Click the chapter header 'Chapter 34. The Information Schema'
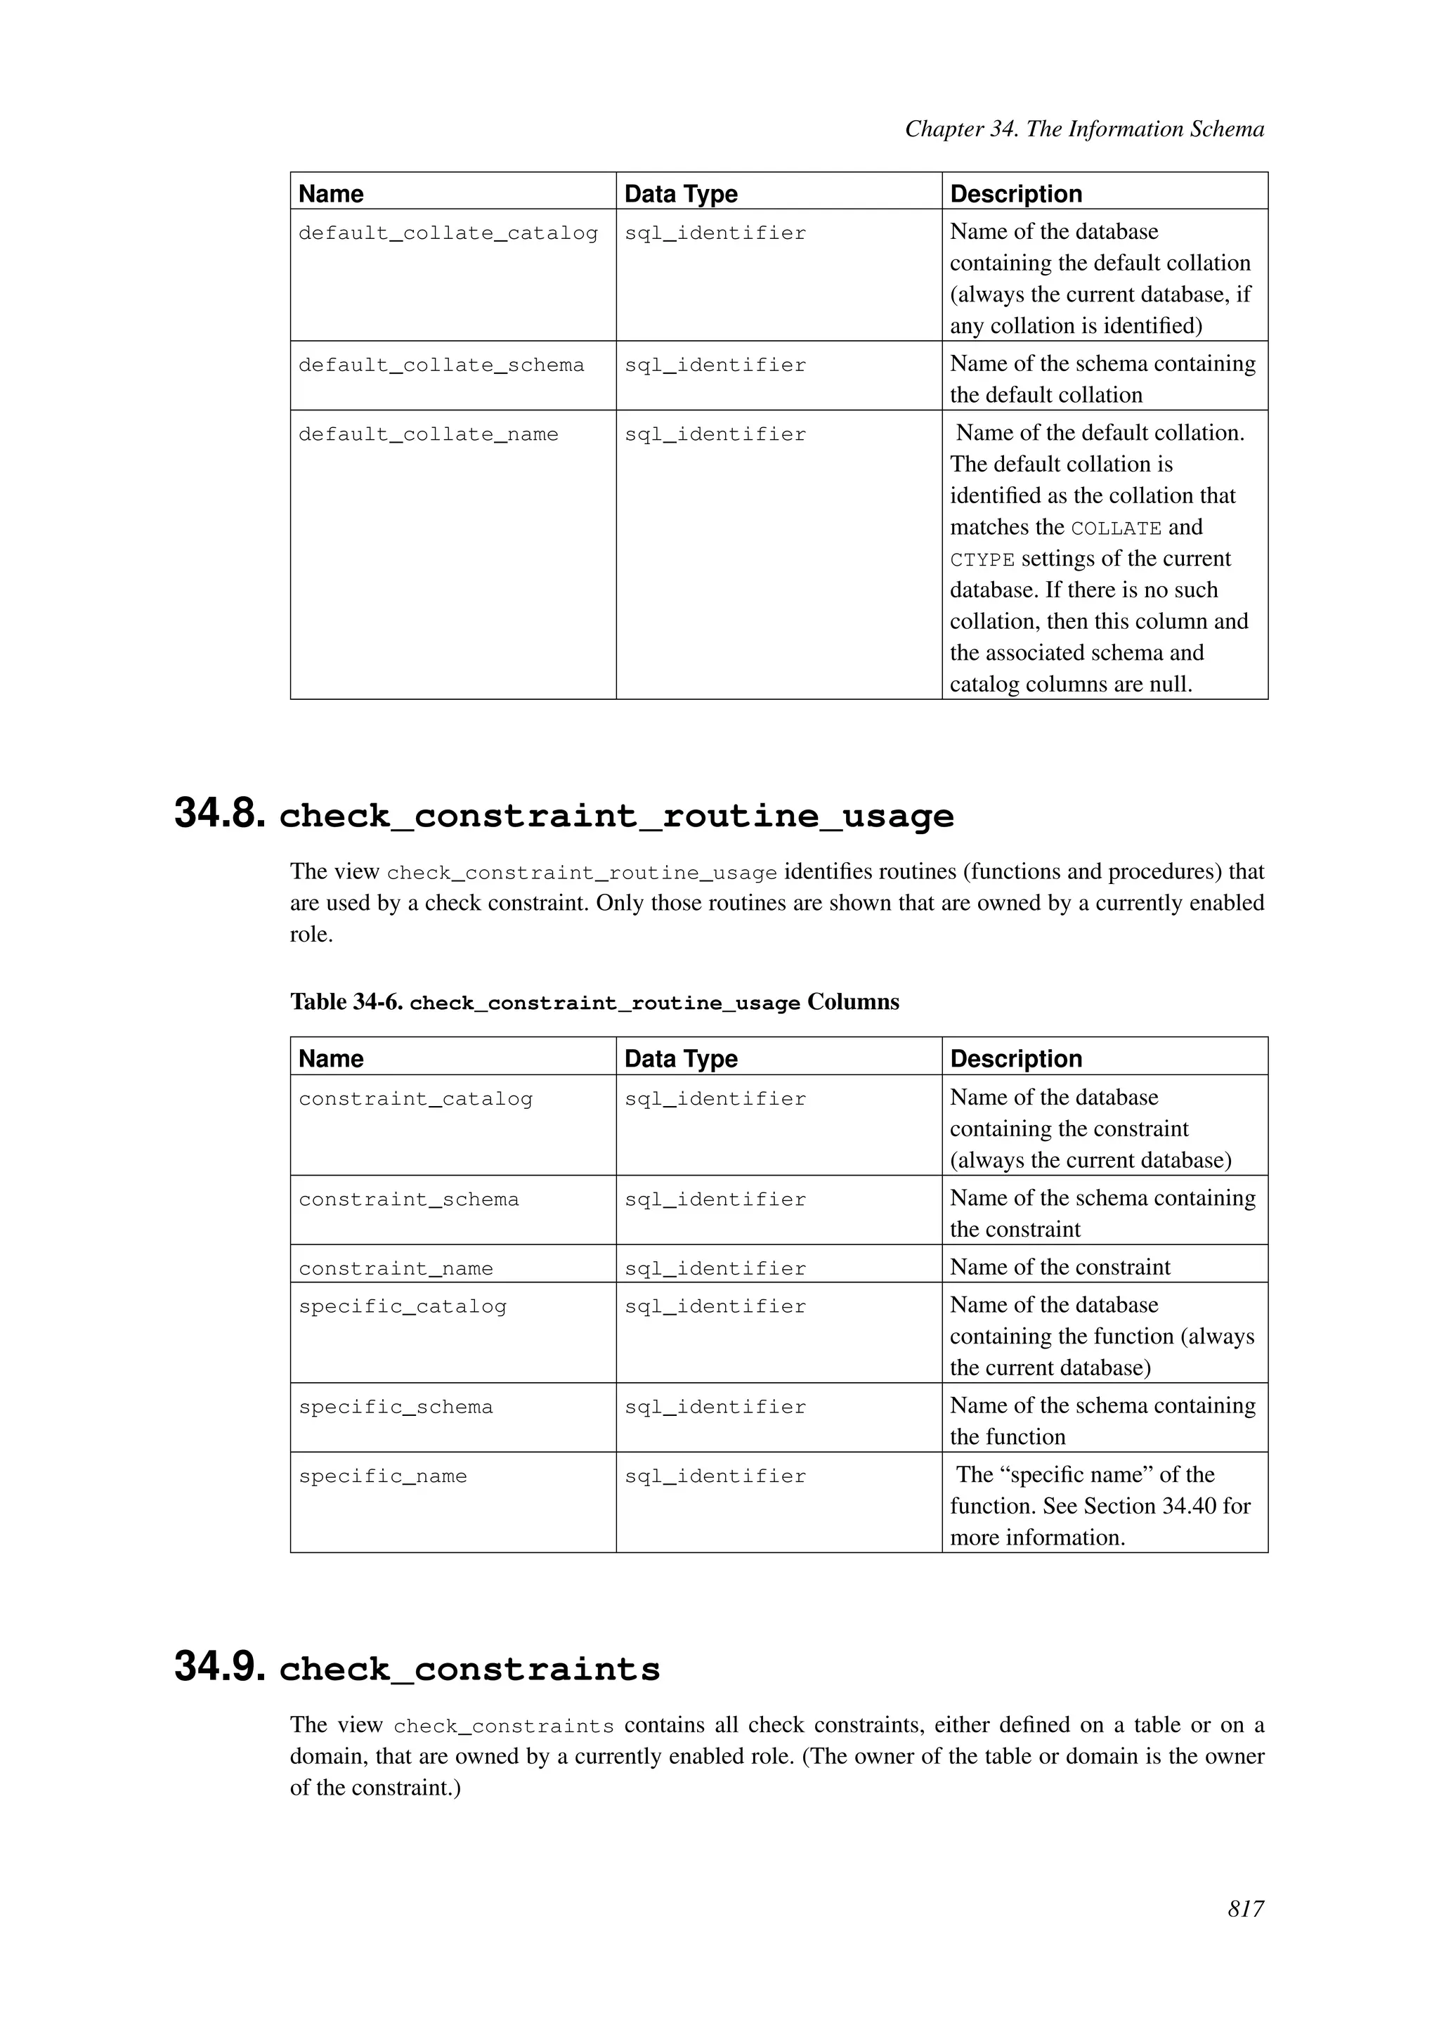(x=1083, y=129)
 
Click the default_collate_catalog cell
(x=448, y=233)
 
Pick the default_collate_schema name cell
(x=441, y=365)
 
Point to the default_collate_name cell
(x=428, y=434)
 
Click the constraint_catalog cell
(x=415, y=1099)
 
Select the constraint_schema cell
(x=408, y=1200)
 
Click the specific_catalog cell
(x=403, y=1306)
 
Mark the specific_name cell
(x=382, y=1476)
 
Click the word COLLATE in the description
(x=1116, y=528)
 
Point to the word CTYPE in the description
(x=982, y=560)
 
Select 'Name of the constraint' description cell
(x=1060, y=1268)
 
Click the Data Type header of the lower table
(x=681, y=1058)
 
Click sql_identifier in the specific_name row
(x=715, y=1476)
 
